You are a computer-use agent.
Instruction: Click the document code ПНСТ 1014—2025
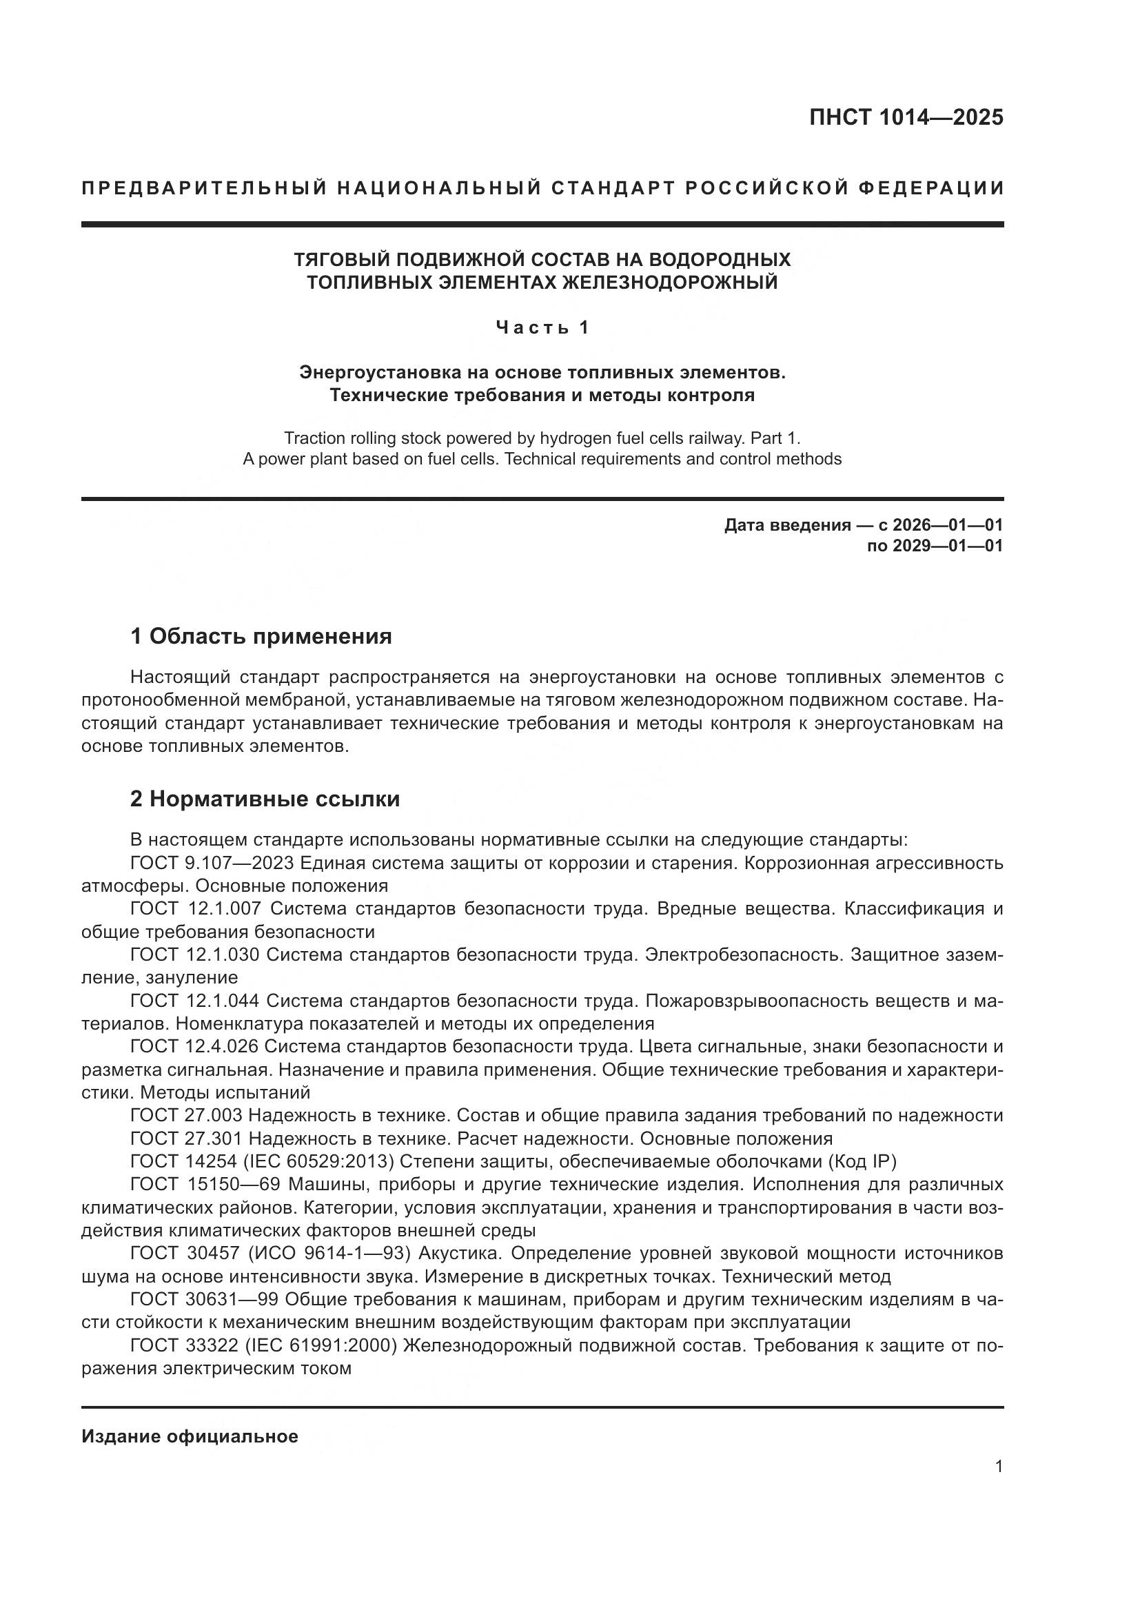tap(906, 117)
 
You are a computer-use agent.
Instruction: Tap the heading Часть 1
tap(542, 327)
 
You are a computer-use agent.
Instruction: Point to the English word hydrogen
tap(576, 438)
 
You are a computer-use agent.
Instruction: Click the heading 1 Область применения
tap(261, 636)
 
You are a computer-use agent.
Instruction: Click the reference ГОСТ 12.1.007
tap(196, 908)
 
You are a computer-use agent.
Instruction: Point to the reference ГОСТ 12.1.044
tap(196, 1001)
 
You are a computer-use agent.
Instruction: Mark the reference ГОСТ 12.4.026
tap(196, 1046)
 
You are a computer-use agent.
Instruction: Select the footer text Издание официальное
tap(190, 1436)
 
